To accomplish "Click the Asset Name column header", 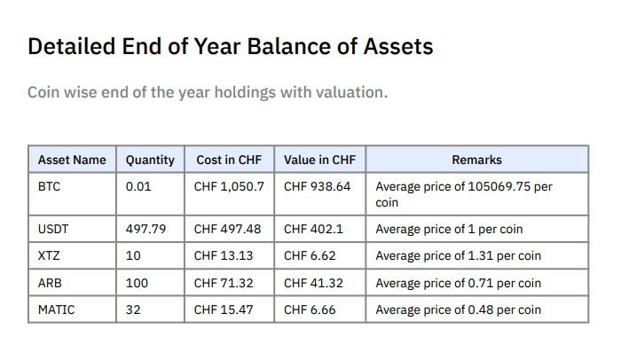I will click(x=72, y=160).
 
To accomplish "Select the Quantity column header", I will click(x=150, y=160).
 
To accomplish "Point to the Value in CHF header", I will click(x=319, y=160).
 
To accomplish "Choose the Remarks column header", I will click(x=476, y=160).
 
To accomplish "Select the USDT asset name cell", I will click(x=53, y=229).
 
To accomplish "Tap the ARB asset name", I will click(x=49, y=283).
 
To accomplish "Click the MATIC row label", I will click(x=56, y=309).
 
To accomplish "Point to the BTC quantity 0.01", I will click(x=138, y=187).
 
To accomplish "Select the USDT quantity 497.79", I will click(x=146, y=229).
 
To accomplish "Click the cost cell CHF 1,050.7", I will click(x=229, y=187).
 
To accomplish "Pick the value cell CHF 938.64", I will click(x=318, y=187).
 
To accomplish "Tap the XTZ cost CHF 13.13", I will click(x=224, y=256).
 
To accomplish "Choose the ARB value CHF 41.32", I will click(x=314, y=283).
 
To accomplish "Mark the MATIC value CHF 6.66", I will click(x=310, y=309).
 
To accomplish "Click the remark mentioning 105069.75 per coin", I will click(x=464, y=194).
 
